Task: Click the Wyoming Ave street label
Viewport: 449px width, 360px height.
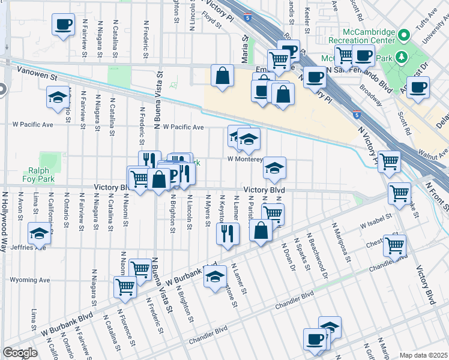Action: (29, 280)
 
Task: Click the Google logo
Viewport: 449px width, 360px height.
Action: (20, 353)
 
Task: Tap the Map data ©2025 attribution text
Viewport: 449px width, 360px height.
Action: (423, 355)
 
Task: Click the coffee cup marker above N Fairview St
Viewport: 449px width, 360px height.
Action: (64, 25)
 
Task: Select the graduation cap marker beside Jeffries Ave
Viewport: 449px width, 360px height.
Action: (40, 233)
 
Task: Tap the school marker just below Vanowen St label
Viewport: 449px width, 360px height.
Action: (58, 97)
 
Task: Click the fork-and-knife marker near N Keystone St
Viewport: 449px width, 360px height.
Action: (228, 233)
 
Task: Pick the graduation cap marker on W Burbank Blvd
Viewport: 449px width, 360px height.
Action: (215, 276)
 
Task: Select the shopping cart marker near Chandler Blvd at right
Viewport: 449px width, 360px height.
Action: (394, 244)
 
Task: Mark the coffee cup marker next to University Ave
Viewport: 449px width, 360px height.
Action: (418, 86)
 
